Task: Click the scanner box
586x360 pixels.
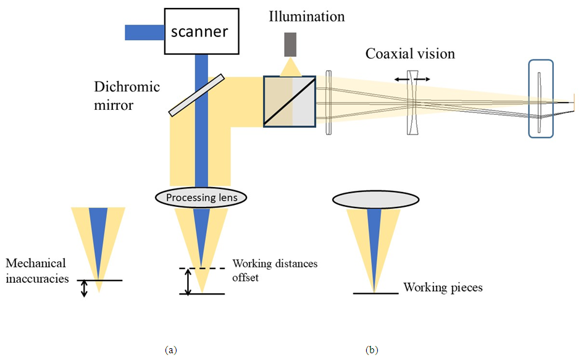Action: coord(201,31)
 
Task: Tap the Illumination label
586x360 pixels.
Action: coord(306,17)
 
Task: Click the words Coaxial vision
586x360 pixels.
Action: coord(410,54)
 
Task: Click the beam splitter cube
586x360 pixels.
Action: coord(290,101)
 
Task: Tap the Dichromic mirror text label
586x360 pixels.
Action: coord(127,95)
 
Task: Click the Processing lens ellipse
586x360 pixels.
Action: coord(201,198)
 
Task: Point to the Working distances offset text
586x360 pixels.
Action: coord(275,269)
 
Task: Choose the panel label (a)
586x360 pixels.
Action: coord(171,350)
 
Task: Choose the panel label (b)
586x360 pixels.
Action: coord(372,350)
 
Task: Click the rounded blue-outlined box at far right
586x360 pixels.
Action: coord(541,98)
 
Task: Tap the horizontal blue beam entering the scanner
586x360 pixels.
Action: coord(144,32)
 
